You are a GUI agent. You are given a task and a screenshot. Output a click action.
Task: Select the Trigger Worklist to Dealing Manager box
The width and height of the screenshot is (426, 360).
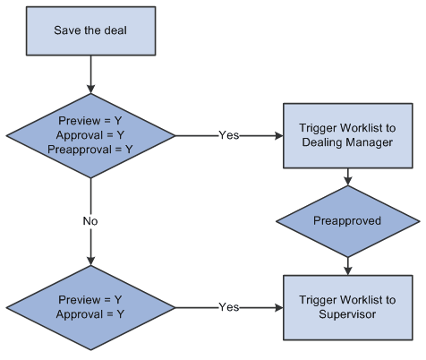point(346,136)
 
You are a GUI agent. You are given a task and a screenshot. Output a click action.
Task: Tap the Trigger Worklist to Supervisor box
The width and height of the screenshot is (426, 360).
point(346,307)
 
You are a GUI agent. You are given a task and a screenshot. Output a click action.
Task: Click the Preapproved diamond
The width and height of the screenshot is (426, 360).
point(346,221)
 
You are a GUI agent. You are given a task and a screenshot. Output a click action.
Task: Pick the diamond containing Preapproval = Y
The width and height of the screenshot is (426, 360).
point(89,136)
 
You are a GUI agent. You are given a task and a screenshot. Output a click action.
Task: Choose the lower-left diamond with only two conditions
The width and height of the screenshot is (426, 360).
point(89,307)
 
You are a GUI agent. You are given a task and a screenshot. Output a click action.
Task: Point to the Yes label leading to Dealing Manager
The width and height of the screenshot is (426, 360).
point(229,136)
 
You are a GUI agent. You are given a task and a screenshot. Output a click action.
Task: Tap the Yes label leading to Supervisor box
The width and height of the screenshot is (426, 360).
point(229,307)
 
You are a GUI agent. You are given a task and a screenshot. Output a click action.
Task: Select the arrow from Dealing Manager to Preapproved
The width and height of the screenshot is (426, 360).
point(346,177)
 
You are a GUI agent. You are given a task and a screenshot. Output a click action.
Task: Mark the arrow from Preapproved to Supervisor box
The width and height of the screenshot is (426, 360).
point(346,263)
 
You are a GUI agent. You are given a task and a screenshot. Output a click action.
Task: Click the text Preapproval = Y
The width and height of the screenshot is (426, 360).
point(89,150)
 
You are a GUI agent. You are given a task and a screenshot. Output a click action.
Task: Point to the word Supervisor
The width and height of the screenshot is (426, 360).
point(346,314)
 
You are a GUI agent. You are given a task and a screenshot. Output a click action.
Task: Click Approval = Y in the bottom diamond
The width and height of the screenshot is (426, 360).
point(89,314)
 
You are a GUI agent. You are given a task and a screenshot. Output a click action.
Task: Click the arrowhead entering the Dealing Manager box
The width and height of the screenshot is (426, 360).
point(278,136)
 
